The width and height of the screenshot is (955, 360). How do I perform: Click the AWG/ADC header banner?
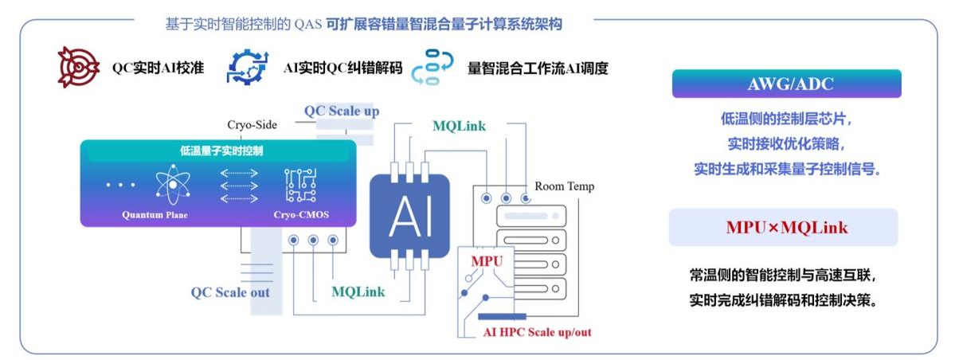pyautogui.click(x=786, y=84)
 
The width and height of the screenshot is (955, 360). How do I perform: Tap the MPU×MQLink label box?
pyautogui.click(x=786, y=228)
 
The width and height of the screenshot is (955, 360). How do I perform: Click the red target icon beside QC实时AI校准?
pyautogui.click(x=78, y=68)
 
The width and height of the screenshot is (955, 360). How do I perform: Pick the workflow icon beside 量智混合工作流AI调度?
pyautogui.click(x=432, y=67)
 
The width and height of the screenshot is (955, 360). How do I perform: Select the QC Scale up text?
pyautogui.click(x=342, y=111)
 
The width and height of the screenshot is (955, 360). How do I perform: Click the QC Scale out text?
pyautogui.click(x=230, y=292)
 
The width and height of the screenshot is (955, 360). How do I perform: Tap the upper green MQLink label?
pyautogui.click(x=459, y=126)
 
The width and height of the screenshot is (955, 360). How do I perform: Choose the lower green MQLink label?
pyautogui.click(x=358, y=292)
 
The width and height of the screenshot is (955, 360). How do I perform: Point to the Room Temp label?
pyautogui.click(x=564, y=186)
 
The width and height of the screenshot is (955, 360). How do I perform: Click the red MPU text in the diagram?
pyautogui.click(x=487, y=261)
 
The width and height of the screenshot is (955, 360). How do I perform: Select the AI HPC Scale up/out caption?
pyautogui.click(x=537, y=332)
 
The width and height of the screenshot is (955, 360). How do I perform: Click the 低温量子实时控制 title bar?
pyautogui.click(x=217, y=151)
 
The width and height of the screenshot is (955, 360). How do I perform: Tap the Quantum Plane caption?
pyautogui.click(x=155, y=214)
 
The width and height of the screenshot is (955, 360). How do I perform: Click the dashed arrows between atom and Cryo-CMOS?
pyautogui.click(x=238, y=185)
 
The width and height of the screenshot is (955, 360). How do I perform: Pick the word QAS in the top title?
pyautogui.click(x=306, y=25)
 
